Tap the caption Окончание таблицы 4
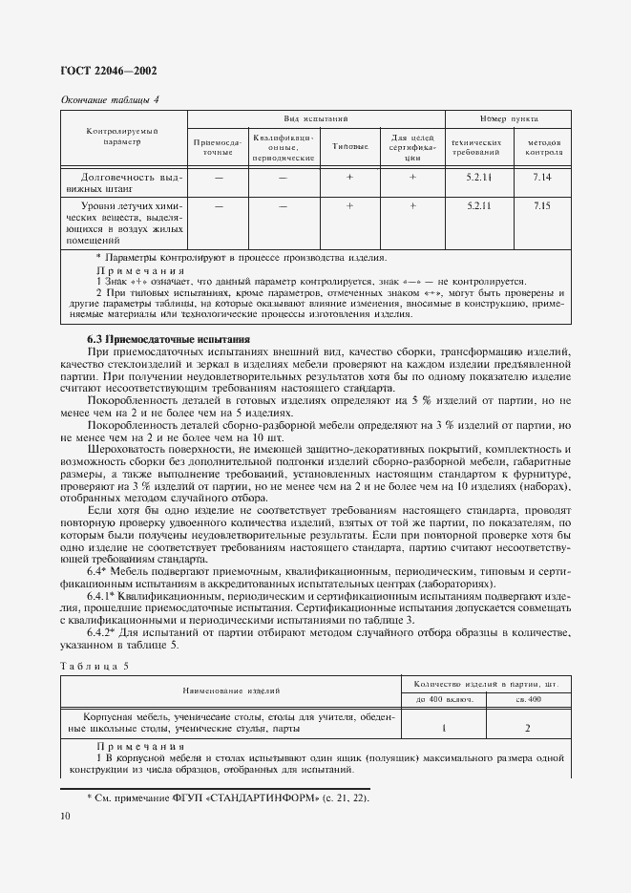(110, 99)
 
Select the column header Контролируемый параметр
(122, 136)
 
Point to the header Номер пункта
(510, 118)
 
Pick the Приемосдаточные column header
(218, 147)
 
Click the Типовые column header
(349, 147)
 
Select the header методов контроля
(544, 147)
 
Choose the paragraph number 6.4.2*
(105, 632)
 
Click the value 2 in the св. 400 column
(529, 728)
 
